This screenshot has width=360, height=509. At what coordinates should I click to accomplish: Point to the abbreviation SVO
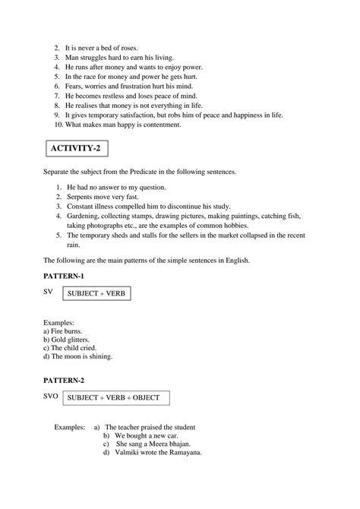tap(52, 395)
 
